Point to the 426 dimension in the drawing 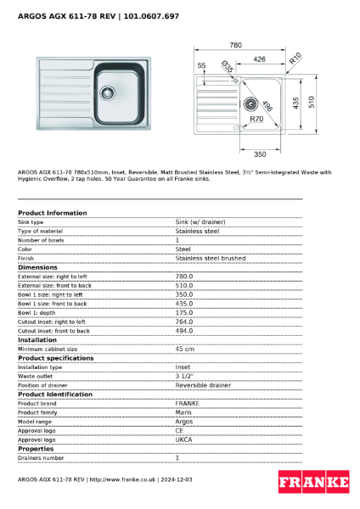pyautogui.click(x=260, y=59)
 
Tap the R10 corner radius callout pyautogui.click(x=295, y=59)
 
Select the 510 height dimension pyautogui.click(x=312, y=101)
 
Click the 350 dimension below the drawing pyautogui.click(x=260, y=154)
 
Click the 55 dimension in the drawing pyautogui.click(x=201, y=64)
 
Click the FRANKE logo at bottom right pyautogui.click(x=313, y=483)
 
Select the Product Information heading pyautogui.click(x=53, y=213)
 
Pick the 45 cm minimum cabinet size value pyautogui.click(x=184, y=349)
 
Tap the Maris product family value pyautogui.click(x=183, y=412)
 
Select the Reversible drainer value pyautogui.click(x=203, y=385)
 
